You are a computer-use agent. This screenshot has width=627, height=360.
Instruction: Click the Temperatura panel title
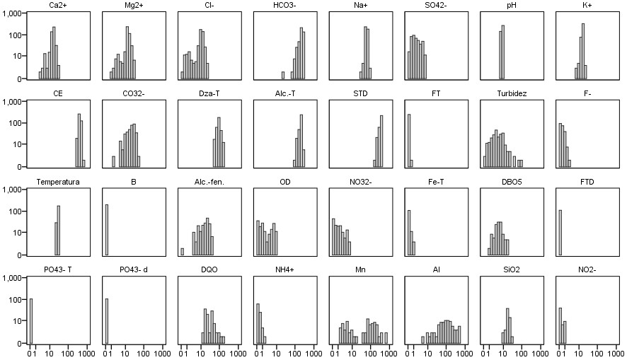click(58, 182)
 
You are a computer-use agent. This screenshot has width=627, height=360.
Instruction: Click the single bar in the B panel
click(107, 230)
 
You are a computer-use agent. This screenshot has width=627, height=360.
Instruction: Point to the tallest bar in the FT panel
click(409, 140)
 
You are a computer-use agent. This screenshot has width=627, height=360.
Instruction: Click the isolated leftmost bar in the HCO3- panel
click(283, 75)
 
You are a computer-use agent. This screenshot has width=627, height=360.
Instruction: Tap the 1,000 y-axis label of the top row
click(13, 13)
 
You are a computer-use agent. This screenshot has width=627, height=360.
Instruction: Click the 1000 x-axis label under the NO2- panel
click(616, 352)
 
